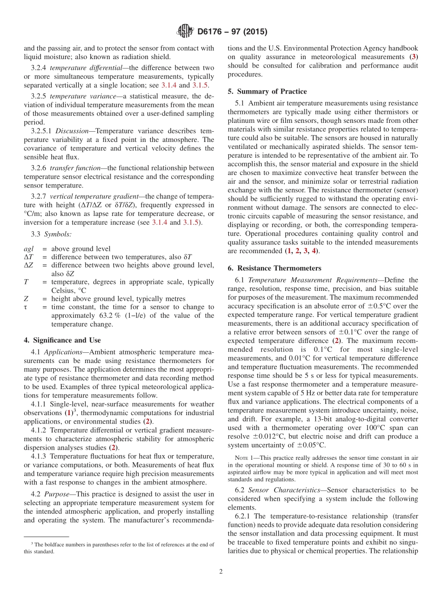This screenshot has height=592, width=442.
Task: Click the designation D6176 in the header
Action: click(212, 32)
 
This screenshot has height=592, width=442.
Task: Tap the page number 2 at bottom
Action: click(221, 572)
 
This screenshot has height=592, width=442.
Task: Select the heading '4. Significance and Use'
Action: click(62, 340)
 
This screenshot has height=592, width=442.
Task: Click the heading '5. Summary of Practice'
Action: click(267, 91)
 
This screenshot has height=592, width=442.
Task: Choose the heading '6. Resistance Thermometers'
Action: click(274, 268)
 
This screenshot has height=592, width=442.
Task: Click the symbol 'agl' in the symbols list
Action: click(28, 249)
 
